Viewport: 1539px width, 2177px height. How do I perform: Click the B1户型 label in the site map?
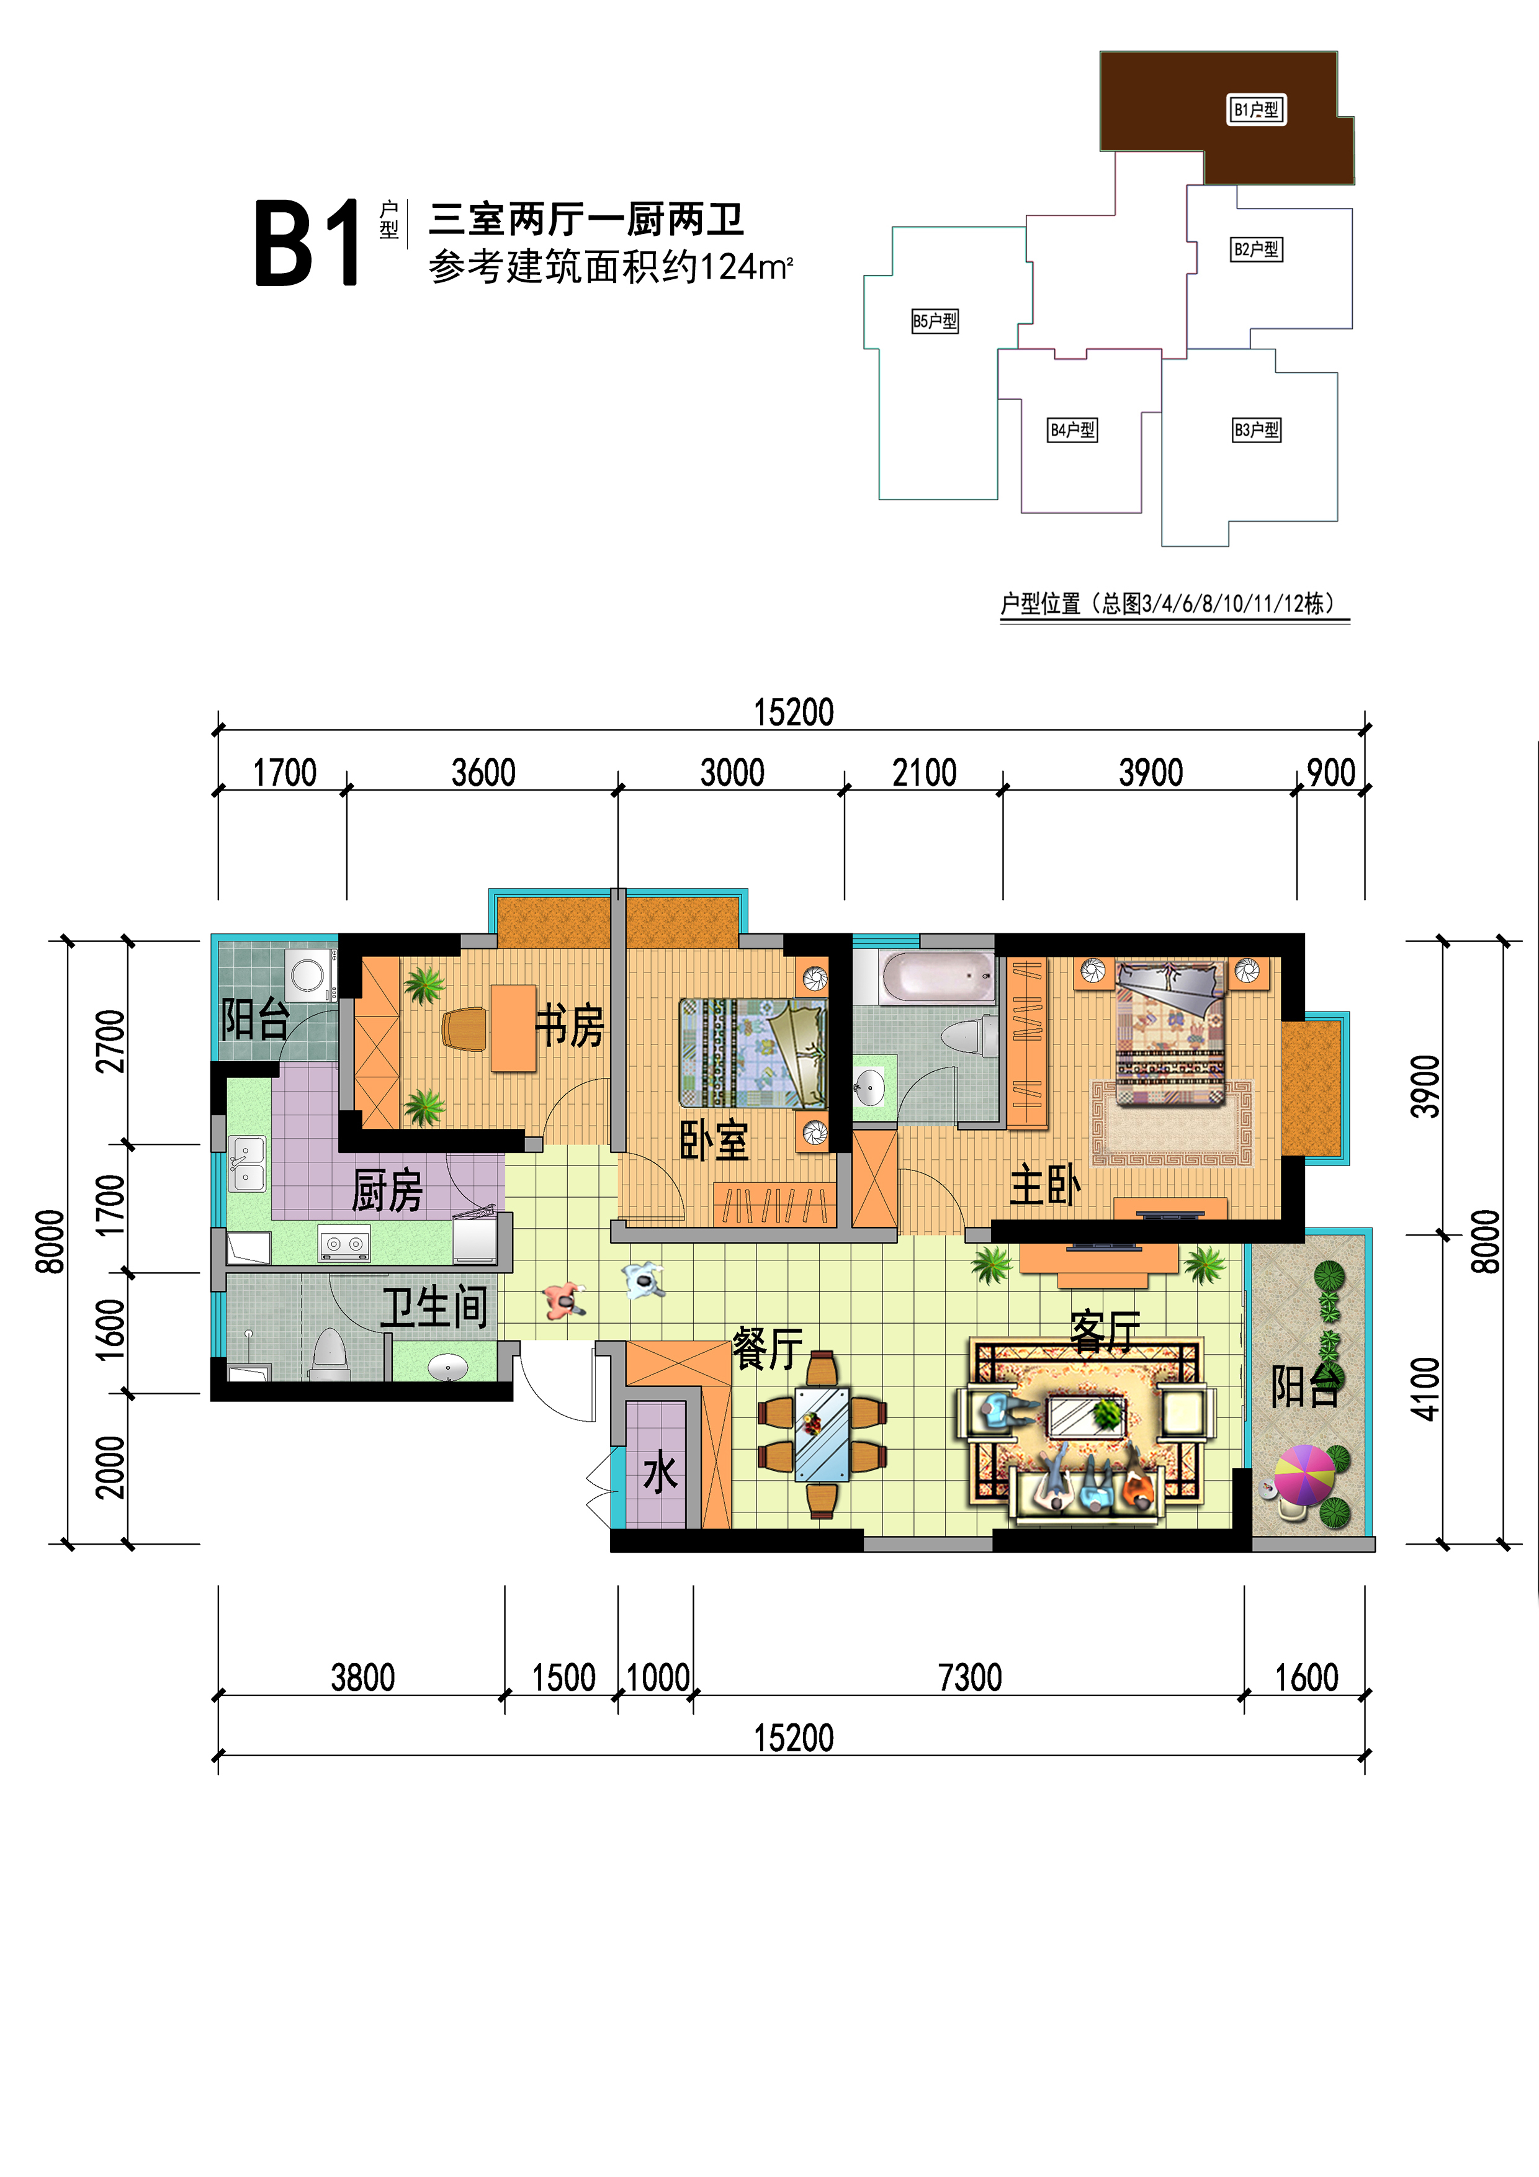1257,110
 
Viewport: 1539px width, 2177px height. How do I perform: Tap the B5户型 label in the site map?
935,321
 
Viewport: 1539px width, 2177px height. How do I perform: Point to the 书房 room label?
570,1025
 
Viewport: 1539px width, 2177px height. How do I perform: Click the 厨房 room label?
387,1191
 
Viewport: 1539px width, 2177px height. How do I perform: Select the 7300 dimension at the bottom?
970,1677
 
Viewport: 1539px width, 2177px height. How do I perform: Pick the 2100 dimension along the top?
925,773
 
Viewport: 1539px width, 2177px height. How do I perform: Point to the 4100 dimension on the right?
1425,1389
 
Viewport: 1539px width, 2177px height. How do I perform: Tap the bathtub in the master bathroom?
938,977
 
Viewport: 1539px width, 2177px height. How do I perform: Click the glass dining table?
821,1434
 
